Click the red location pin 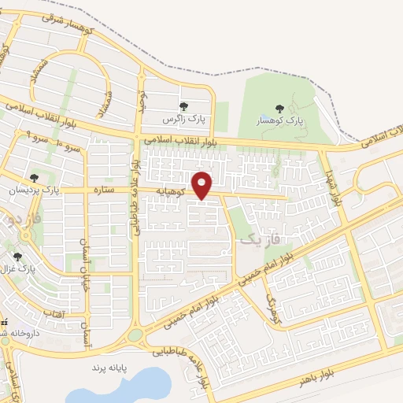203,184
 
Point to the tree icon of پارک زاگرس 183,106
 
